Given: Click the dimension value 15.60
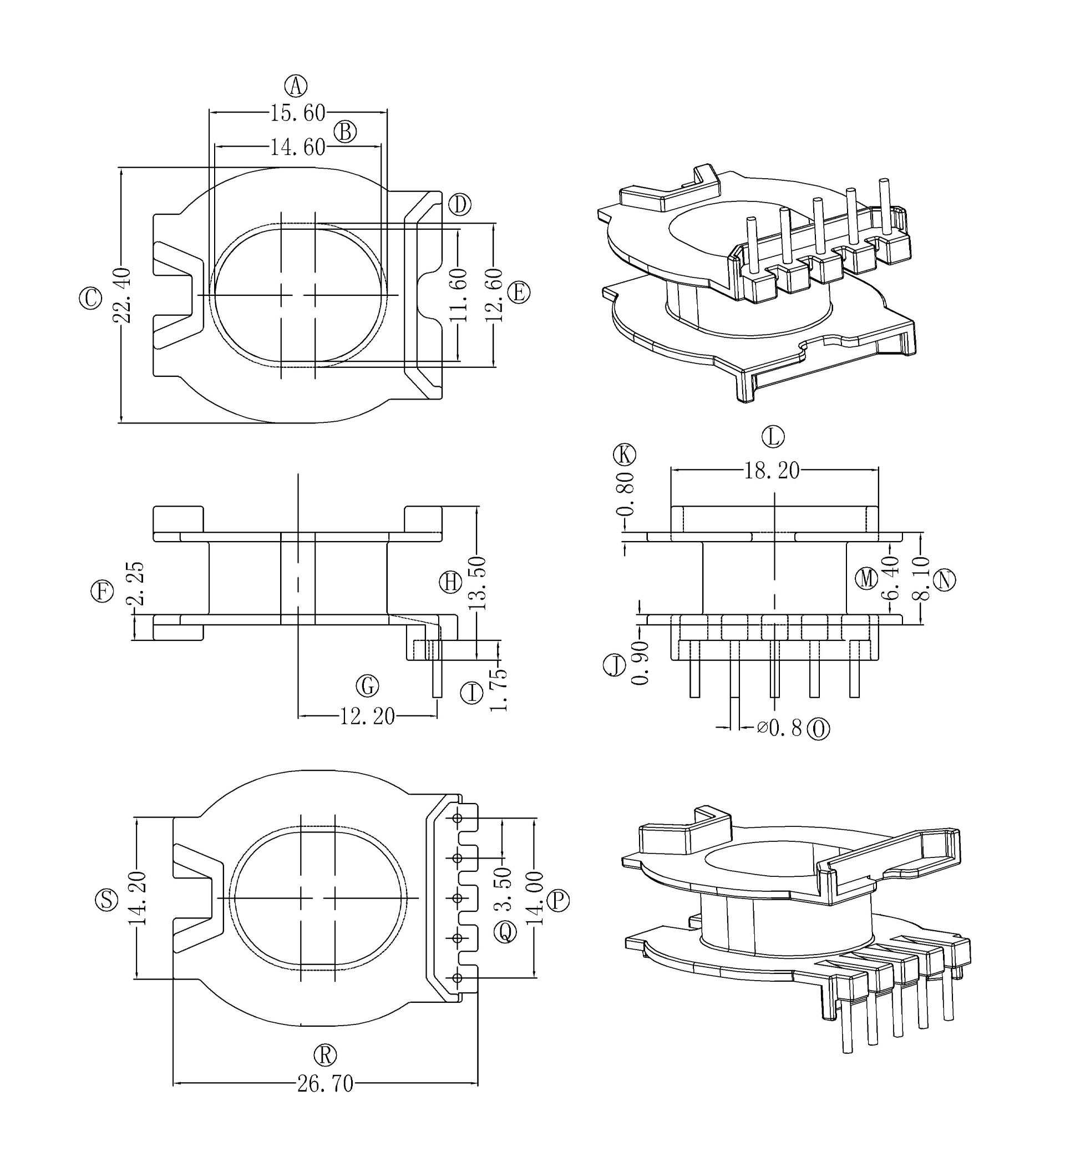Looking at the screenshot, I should point(297,113).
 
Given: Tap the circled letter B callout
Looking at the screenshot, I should point(345,132).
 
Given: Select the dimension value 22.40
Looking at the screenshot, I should point(123,295).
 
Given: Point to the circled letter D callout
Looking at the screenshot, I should point(459,205).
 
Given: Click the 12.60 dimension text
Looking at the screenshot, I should point(494,296).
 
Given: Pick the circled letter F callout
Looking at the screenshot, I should point(102,592).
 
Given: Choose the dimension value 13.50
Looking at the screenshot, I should point(478,583).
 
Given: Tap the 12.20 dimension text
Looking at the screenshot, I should point(367,716).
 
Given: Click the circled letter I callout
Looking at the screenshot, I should point(472,693).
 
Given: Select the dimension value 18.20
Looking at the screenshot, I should point(772,471).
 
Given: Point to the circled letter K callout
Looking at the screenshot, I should point(624,455).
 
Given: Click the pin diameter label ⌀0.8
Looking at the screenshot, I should point(779,729).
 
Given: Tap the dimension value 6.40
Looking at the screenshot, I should point(891,578).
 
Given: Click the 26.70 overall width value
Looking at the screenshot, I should point(325,1084).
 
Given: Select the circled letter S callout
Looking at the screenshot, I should point(106,900).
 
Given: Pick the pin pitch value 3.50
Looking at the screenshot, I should point(504,896).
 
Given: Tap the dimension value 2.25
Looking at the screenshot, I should point(136,583).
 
